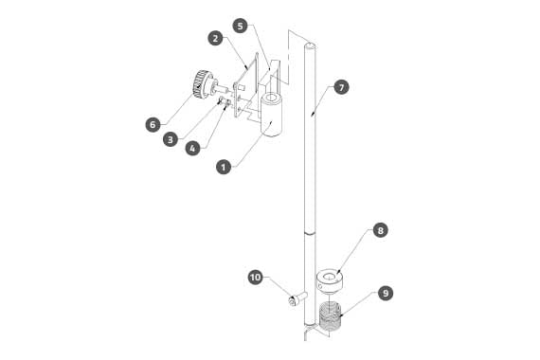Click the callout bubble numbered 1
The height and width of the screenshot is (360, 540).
click(x=224, y=168)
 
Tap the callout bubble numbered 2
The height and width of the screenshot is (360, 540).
click(x=216, y=38)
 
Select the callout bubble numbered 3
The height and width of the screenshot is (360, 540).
click(x=171, y=139)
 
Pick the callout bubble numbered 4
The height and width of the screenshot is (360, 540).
click(x=192, y=149)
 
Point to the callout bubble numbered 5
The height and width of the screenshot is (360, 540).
click(x=240, y=26)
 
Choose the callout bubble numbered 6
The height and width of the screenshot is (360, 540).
click(x=153, y=124)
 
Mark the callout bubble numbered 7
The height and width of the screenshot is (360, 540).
click(x=341, y=87)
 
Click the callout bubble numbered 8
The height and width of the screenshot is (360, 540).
click(x=380, y=230)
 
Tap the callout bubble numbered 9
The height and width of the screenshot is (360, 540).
click(x=386, y=293)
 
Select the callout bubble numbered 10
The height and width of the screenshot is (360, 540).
click(x=256, y=278)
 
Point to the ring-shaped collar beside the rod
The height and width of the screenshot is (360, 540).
click(x=330, y=281)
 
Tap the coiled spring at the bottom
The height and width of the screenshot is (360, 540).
click(x=330, y=315)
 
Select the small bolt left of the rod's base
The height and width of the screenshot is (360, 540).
click(x=297, y=299)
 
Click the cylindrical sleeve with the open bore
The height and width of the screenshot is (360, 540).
click(x=271, y=116)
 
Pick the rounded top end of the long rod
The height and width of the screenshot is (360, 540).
click(x=310, y=45)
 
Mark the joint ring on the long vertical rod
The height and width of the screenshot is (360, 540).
click(x=310, y=234)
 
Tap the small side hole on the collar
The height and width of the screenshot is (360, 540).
click(x=320, y=286)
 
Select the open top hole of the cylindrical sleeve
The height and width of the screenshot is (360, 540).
click(x=271, y=99)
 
